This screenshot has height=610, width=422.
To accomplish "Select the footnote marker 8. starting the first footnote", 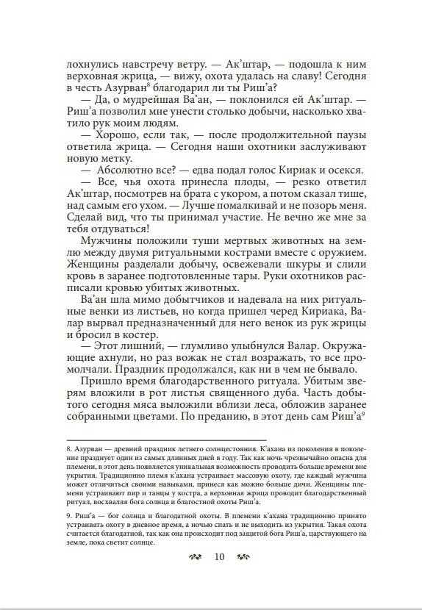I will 69,448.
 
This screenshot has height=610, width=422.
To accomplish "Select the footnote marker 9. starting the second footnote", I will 69,514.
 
